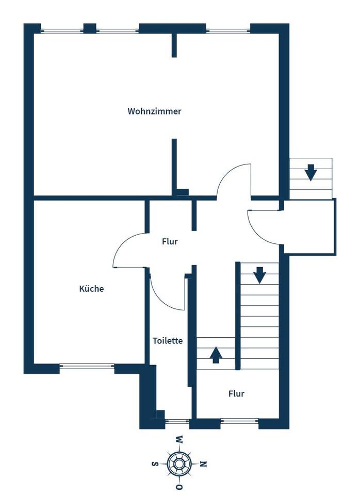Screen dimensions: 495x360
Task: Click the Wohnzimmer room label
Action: click(154, 111)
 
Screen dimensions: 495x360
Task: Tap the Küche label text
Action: click(91, 289)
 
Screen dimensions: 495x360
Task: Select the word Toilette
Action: click(168, 341)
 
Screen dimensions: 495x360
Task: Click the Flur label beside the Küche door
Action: click(170, 241)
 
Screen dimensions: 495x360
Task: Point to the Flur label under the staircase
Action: click(236, 394)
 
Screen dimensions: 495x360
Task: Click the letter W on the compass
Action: click(179, 440)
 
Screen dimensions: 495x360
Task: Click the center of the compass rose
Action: click(179, 464)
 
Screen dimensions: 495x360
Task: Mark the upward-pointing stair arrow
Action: click(216, 355)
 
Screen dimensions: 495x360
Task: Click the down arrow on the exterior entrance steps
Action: click(310, 172)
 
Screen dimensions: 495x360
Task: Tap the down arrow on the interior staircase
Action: click(259, 274)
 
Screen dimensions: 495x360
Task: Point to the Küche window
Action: click(87, 367)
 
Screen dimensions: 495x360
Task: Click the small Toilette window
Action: click(177, 422)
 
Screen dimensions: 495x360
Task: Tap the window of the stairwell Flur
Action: click(239, 422)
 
